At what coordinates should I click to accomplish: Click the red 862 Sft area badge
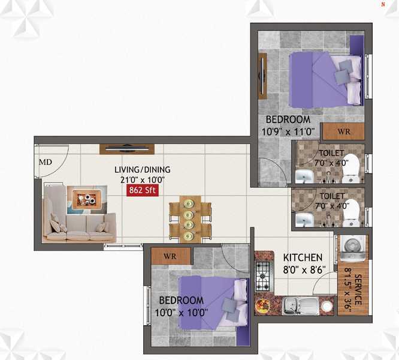pos(142,190)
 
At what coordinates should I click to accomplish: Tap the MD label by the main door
pos(46,162)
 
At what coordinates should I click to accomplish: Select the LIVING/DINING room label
pos(143,169)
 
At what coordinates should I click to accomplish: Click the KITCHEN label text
pos(303,257)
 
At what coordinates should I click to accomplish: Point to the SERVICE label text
pos(358,289)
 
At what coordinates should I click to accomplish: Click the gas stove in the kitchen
pos(262,276)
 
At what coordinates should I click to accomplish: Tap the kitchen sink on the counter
pos(300,305)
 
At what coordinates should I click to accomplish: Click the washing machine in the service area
pos(353,248)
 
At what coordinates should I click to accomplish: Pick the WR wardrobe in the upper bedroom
pos(344,131)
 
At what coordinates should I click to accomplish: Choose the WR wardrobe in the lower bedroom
pos(171,256)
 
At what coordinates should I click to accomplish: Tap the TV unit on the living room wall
pos(127,149)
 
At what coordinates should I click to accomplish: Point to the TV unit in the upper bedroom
pos(262,76)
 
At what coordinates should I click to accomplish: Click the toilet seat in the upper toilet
pos(351,168)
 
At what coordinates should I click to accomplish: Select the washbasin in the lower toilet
pos(304,220)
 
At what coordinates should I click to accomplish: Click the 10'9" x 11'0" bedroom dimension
pos(288,132)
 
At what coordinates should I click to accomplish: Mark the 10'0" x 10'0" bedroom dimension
pos(182,313)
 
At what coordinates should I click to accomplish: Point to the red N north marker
pos(383,4)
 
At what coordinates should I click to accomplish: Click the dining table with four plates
pos(190,219)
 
